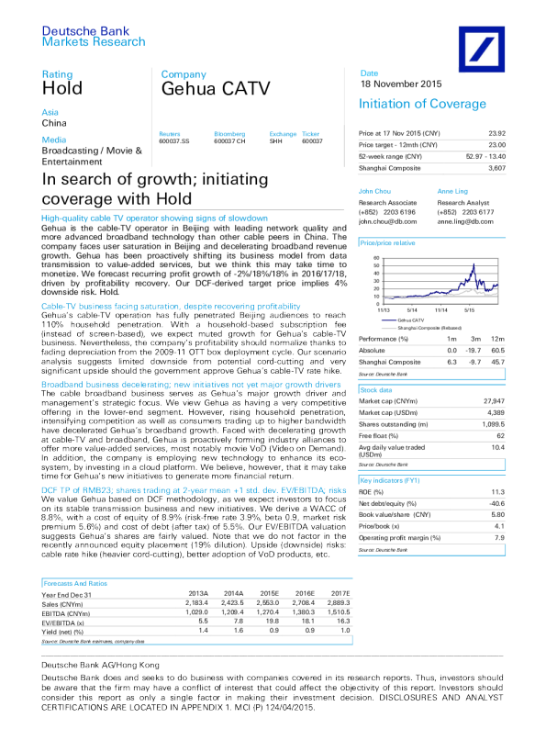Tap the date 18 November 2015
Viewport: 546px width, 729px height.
401,84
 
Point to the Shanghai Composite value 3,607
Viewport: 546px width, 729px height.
523,168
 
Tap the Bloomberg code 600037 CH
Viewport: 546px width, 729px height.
229,141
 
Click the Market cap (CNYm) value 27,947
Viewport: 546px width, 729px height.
519,401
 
